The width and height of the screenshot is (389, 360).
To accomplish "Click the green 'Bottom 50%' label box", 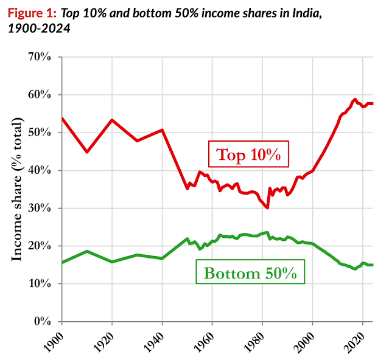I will (250, 274).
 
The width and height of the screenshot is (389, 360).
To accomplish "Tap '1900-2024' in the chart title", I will (38, 27).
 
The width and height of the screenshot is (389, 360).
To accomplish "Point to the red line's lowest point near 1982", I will (267, 208).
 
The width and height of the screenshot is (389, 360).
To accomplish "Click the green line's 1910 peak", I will (87, 251).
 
